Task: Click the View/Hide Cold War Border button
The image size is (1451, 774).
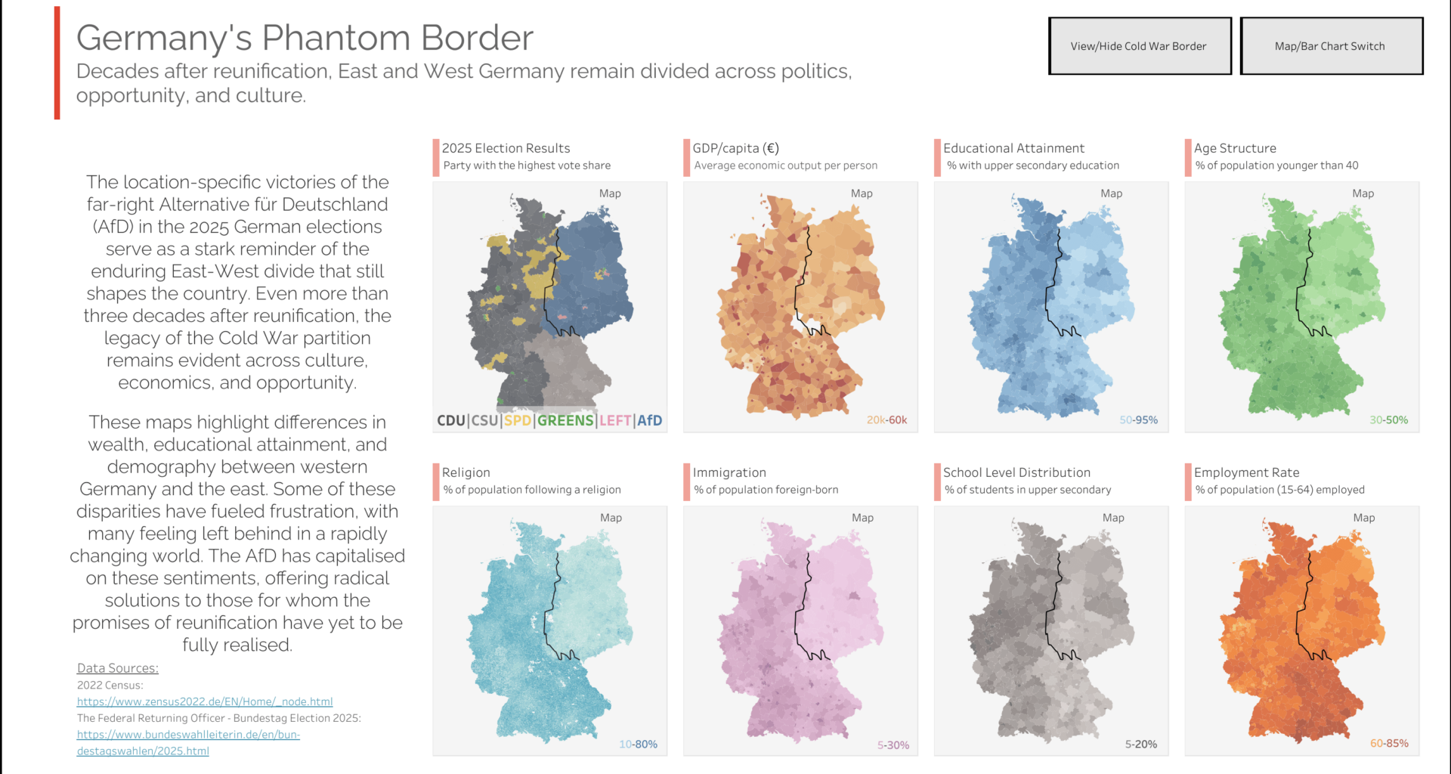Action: (x=1139, y=46)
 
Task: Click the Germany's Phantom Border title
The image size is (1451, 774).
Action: (x=305, y=38)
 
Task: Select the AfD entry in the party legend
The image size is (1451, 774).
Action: (x=649, y=420)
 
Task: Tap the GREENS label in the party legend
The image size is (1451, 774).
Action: (x=565, y=420)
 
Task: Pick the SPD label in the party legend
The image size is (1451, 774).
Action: (x=517, y=420)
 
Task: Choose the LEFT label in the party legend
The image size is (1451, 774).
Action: (x=615, y=420)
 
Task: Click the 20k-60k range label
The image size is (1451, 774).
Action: (x=886, y=420)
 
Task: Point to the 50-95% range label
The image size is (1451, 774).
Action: (x=1138, y=420)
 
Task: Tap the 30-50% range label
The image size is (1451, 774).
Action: (x=1388, y=420)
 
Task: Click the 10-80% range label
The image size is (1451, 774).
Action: (x=638, y=745)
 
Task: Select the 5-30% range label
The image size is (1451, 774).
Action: (x=893, y=745)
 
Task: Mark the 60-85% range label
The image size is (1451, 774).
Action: (x=1389, y=744)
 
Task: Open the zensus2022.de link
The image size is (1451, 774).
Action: (x=205, y=701)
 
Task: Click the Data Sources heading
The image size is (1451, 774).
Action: (x=118, y=668)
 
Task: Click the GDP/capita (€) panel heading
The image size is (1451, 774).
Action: (x=735, y=148)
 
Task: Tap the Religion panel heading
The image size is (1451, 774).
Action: (x=466, y=472)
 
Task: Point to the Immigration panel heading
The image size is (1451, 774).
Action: (x=729, y=472)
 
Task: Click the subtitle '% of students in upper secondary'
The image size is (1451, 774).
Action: (x=1028, y=490)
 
